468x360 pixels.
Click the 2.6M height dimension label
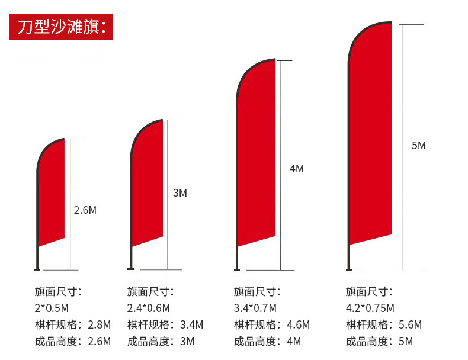[85, 210]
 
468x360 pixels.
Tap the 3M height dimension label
[180, 193]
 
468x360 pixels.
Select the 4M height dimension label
[296, 169]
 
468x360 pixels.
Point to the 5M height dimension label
[418, 146]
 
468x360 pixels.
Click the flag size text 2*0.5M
[52, 308]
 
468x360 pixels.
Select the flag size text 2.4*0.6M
[149, 308]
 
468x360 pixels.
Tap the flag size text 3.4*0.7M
[255, 308]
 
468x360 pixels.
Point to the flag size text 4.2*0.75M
[370, 308]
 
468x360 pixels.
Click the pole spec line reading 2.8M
[72, 324]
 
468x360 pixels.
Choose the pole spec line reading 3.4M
[165, 324]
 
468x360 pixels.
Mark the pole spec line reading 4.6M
[271, 324]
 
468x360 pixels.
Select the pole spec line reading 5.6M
[383, 324]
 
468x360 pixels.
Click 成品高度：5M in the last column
[379, 341]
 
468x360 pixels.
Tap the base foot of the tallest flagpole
[349, 269]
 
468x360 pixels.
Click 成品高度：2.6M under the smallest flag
[72, 341]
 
